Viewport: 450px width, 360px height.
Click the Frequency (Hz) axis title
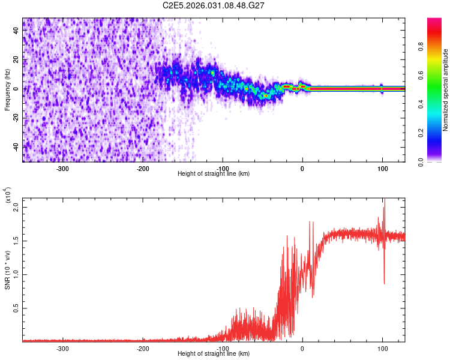7,90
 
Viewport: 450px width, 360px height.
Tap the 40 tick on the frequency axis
17,31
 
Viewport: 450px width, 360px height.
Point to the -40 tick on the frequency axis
15,146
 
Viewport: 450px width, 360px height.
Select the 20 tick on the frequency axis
17,59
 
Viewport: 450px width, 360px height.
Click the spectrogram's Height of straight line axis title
214,173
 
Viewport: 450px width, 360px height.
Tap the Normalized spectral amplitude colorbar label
446,90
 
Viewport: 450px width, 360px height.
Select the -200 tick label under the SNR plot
143,348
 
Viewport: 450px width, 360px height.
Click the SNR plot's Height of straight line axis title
214,354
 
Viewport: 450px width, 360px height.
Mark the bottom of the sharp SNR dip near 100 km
384,284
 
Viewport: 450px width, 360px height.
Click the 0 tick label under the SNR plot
302,348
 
